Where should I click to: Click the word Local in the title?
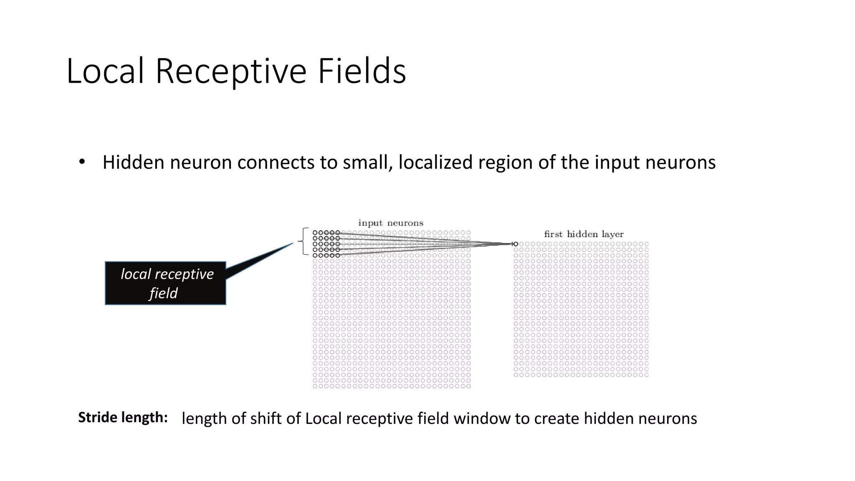pyautogui.click(x=105, y=71)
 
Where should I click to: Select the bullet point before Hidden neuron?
pyautogui.click(x=82, y=162)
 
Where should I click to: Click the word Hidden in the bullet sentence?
pyautogui.click(x=133, y=162)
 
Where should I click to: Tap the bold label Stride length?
pyautogui.click(x=123, y=417)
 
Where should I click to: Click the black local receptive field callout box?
pyautogui.click(x=165, y=283)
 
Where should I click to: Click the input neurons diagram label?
pyautogui.click(x=391, y=223)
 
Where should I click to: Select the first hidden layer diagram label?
pyautogui.click(x=584, y=234)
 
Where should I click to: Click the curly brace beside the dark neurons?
pyautogui.click(x=303, y=241)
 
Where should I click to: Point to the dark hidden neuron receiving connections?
pyautogui.click(x=516, y=244)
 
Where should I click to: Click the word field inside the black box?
pyautogui.click(x=164, y=293)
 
